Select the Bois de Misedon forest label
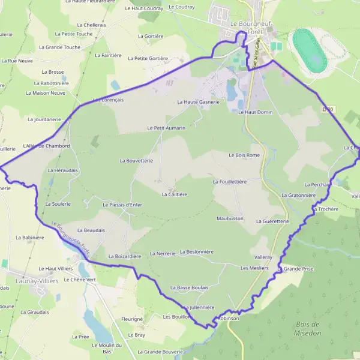pos(308,329)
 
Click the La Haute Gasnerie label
pos(199,102)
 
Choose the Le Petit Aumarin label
pos(166,128)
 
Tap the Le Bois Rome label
pos(244,155)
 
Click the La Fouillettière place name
pos(230,181)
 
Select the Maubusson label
pos(230,219)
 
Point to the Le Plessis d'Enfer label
pos(122,205)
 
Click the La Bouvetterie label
pos(137,161)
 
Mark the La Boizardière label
pos(124,256)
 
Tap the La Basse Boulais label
pos(190,288)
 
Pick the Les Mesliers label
pos(254,268)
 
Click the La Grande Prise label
pos(296,269)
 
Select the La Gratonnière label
pos(299,195)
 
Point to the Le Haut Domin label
pos(256,112)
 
